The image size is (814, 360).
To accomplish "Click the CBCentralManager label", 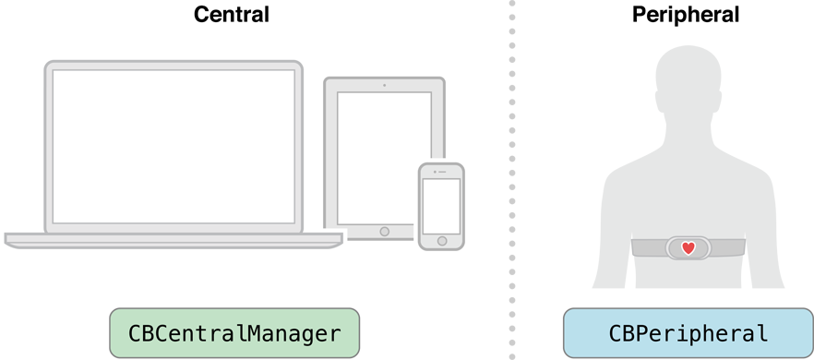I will click(233, 333).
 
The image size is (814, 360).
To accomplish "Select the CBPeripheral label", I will click(688, 333).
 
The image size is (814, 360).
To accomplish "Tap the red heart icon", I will click(688, 248).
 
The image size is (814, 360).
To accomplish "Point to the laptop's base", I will click(174, 240).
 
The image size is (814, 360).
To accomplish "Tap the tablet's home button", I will click(384, 231).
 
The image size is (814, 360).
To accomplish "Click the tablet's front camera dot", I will click(384, 85).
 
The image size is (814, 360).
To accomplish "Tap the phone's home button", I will click(441, 241).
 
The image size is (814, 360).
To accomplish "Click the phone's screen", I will click(441, 205).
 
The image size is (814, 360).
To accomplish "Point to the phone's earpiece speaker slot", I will click(441, 172).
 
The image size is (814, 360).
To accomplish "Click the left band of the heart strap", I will click(648, 248).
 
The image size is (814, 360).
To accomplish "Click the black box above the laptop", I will click(232, 13).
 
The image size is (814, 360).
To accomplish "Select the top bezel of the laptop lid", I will click(174, 66).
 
